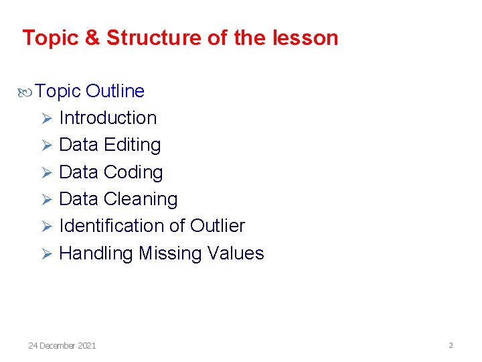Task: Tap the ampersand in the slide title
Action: (92, 38)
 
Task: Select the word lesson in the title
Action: (306, 38)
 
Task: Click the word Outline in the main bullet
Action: (115, 90)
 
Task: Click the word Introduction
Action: (108, 118)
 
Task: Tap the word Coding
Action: (133, 172)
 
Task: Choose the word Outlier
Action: (218, 226)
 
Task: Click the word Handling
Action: (96, 253)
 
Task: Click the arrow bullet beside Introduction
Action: (46, 119)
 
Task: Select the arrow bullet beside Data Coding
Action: (46, 173)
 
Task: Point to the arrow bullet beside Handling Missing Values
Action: (46, 254)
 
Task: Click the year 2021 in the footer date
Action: (87, 345)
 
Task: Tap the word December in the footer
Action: (58, 345)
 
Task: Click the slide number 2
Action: (451, 345)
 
